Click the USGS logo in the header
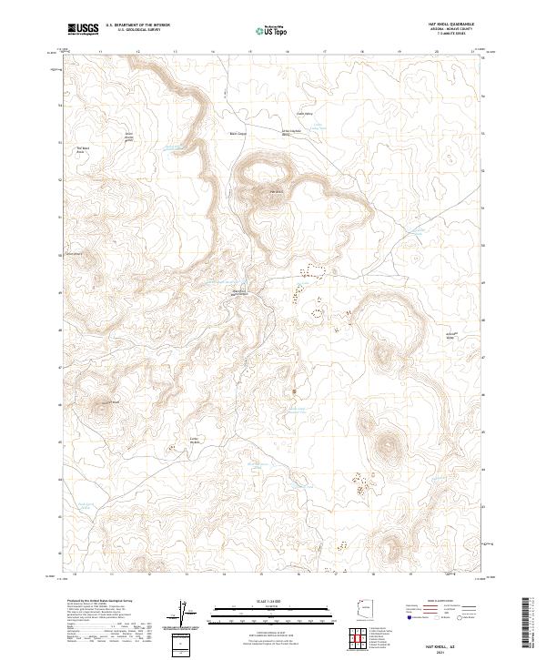click(x=84, y=29)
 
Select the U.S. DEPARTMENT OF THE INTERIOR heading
click(x=137, y=25)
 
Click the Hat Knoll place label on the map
click(x=274, y=192)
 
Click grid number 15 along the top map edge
click(x=250, y=53)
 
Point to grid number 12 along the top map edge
click(x=137, y=53)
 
